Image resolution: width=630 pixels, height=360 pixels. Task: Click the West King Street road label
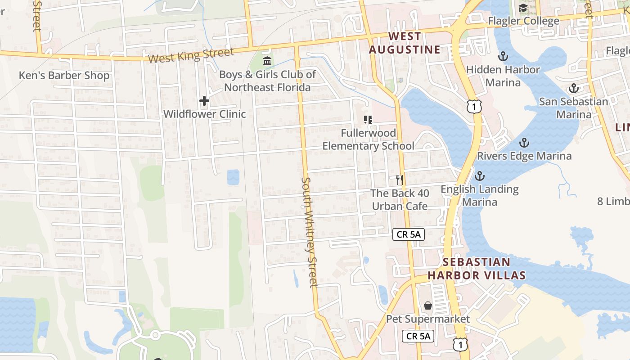click(x=191, y=55)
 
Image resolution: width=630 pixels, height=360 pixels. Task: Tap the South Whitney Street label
click(x=310, y=232)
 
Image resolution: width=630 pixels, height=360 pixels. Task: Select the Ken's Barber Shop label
click(x=64, y=76)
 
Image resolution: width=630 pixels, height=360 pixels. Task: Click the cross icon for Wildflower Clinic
click(x=204, y=101)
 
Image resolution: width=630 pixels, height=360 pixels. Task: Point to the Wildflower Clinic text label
click(x=204, y=114)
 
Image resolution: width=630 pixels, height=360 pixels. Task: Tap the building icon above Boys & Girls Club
click(x=267, y=61)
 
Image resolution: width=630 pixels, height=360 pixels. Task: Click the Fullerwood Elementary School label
click(x=368, y=139)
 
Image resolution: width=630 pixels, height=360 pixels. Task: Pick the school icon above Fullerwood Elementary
click(x=368, y=120)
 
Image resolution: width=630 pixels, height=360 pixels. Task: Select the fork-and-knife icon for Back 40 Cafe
click(x=399, y=180)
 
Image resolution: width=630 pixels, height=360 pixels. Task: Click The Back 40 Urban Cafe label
click(x=400, y=199)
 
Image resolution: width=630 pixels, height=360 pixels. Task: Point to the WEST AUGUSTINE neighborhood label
click(x=405, y=43)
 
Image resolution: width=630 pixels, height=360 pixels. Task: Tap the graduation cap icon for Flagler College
click(x=523, y=8)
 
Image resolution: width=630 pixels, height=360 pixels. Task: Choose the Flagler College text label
click(x=524, y=21)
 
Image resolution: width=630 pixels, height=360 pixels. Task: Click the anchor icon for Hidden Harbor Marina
click(x=503, y=56)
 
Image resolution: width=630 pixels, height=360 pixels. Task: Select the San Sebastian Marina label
click(x=574, y=108)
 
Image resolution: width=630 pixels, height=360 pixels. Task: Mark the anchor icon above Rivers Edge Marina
click(x=524, y=143)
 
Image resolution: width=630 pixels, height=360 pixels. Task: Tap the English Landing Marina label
click(x=480, y=195)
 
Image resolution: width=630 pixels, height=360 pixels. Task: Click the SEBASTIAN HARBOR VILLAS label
click(x=477, y=268)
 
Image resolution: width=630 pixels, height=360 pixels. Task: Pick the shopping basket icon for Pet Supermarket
click(x=428, y=306)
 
